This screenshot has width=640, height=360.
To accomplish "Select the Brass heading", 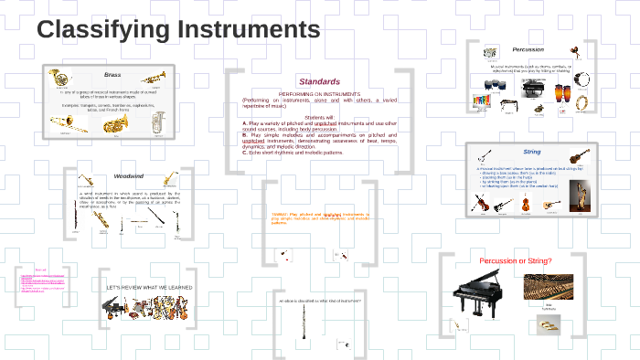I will pyautogui.click(x=112, y=74).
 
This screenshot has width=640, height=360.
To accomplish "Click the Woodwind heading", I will pyautogui.click(x=129, y=175).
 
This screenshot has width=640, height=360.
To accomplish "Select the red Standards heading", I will pyautogui.click(x=319, y=82).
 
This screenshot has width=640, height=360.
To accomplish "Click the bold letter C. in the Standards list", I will pyautogui.click(x=246, y=153).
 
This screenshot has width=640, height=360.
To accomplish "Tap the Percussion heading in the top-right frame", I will pyautogui.click(x=528, y=49).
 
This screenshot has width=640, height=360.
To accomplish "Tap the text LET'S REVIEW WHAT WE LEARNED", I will pyautogui.click(x=150, y=287).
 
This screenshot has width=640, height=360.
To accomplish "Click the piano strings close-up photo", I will pyautogui.click(x=548, y=290).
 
